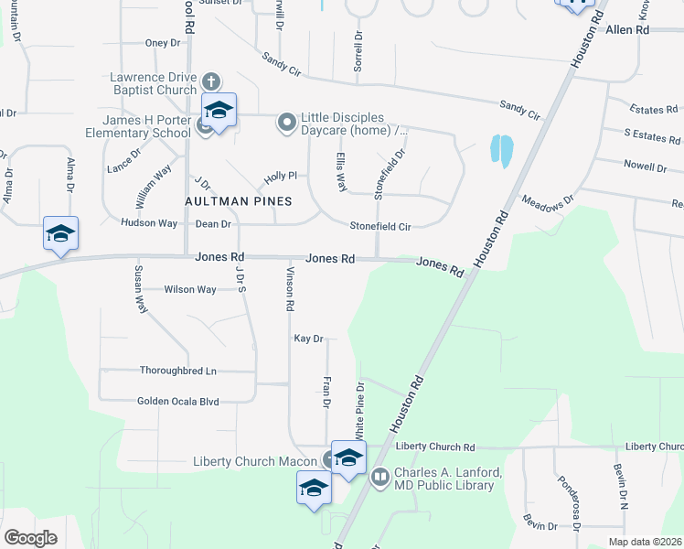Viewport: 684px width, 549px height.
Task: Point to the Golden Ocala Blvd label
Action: click(178, 401)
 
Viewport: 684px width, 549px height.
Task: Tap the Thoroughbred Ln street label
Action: click(178, 371)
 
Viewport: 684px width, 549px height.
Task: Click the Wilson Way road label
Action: click(190, 289)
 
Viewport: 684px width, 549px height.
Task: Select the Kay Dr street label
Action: click(309, 339)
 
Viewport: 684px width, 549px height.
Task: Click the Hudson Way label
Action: click(148, 223)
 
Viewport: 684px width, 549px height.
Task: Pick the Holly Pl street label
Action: click(281, 176)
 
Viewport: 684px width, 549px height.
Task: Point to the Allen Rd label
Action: click(627, 30)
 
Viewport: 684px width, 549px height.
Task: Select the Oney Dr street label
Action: click(164, 43)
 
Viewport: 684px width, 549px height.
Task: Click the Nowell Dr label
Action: click(645, 167)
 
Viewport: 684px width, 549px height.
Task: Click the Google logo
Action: click(30, 537)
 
